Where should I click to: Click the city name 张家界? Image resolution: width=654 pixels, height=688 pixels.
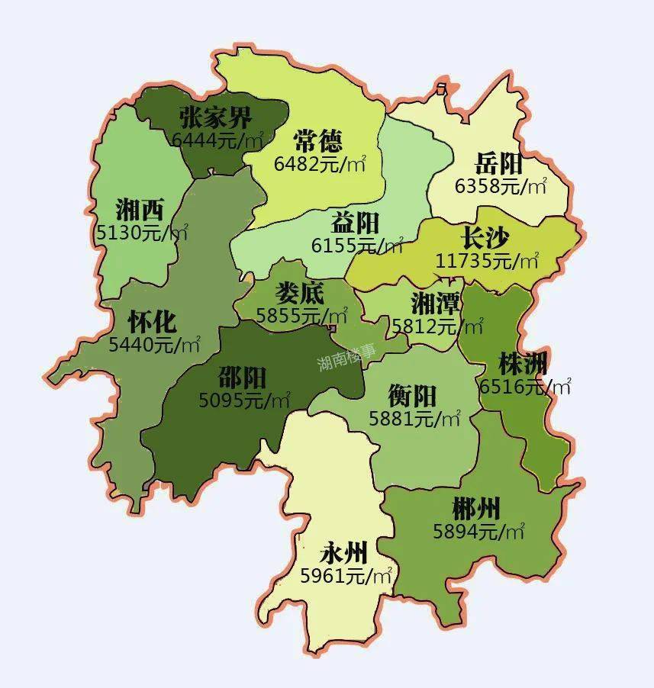coord(215,118)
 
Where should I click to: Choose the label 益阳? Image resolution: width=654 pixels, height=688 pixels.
coord(355,223)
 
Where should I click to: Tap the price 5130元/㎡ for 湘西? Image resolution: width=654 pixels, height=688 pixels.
coord(142,233)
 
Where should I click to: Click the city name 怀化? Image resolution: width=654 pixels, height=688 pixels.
coord(152,321)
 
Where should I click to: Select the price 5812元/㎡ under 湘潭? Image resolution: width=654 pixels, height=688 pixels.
coord(437,326)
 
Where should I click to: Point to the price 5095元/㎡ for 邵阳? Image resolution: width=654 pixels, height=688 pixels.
coord(244,400)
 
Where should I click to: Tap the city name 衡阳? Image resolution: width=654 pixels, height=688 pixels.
coord(411,396)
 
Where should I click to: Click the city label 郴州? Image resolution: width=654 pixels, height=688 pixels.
coord(476,507)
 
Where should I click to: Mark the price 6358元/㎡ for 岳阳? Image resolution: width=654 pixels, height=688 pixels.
coord(501,185)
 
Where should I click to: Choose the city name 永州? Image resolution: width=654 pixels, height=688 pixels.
coord(343,551)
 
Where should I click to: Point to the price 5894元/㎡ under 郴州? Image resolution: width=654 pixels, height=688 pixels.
coord(478,531)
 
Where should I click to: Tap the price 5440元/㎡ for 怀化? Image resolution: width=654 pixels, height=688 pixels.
coord(154,344)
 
